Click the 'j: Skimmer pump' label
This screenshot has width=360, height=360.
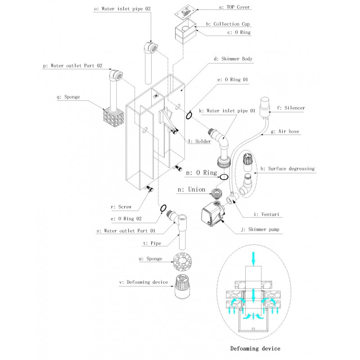coord(261,229)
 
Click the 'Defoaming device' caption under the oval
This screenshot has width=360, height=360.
coord(255,348)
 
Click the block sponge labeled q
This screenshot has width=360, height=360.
coord(111,118)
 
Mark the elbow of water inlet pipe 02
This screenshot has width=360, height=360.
coord(151,48)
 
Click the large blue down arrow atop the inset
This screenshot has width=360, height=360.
coord(253,258)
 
